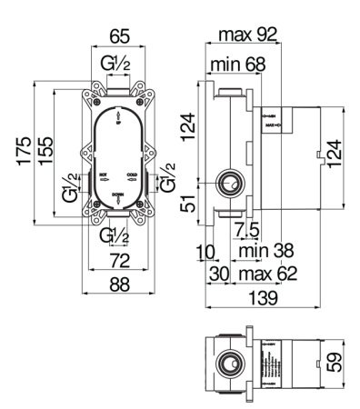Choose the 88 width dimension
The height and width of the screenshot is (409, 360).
pos(120,284)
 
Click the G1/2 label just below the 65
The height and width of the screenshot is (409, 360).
pos(119,64)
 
